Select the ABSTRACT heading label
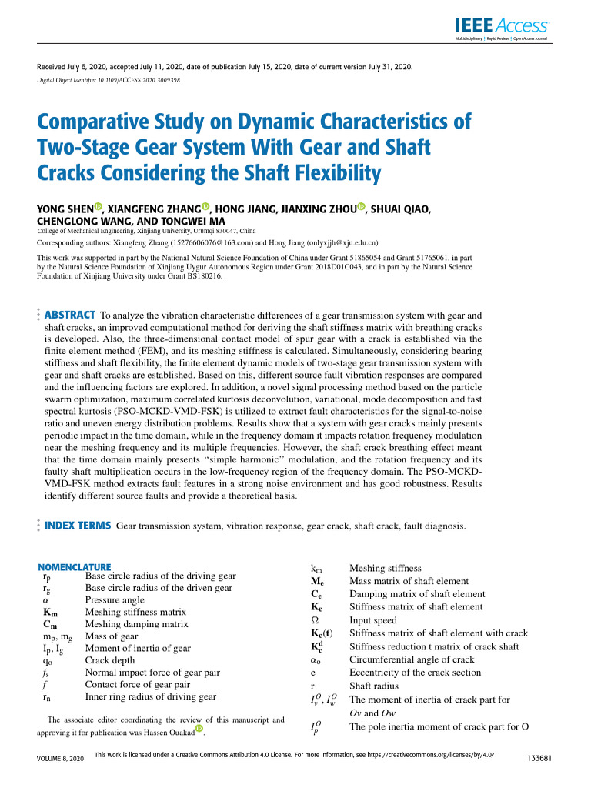click(70, 316)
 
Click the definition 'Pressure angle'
click(115, 599)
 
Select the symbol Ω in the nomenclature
click(313, 619)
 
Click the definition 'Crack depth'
click(109, 660)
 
